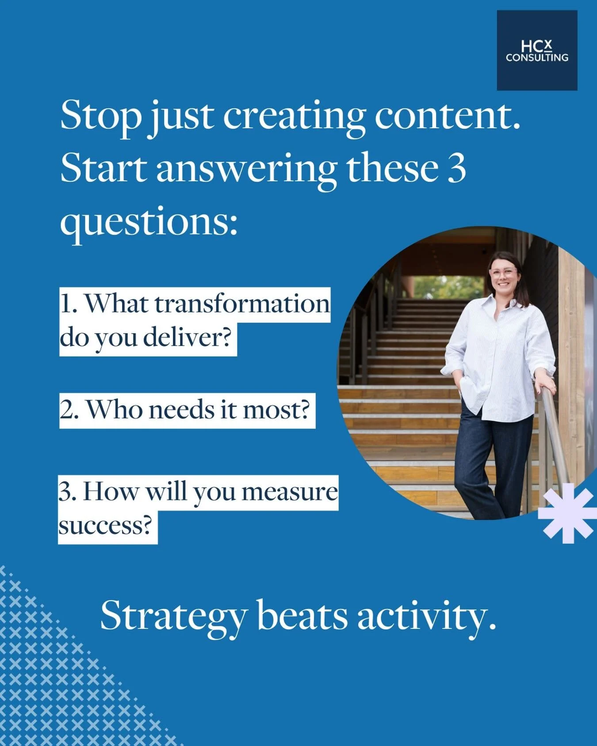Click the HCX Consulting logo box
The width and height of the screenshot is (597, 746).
[537, 50]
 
